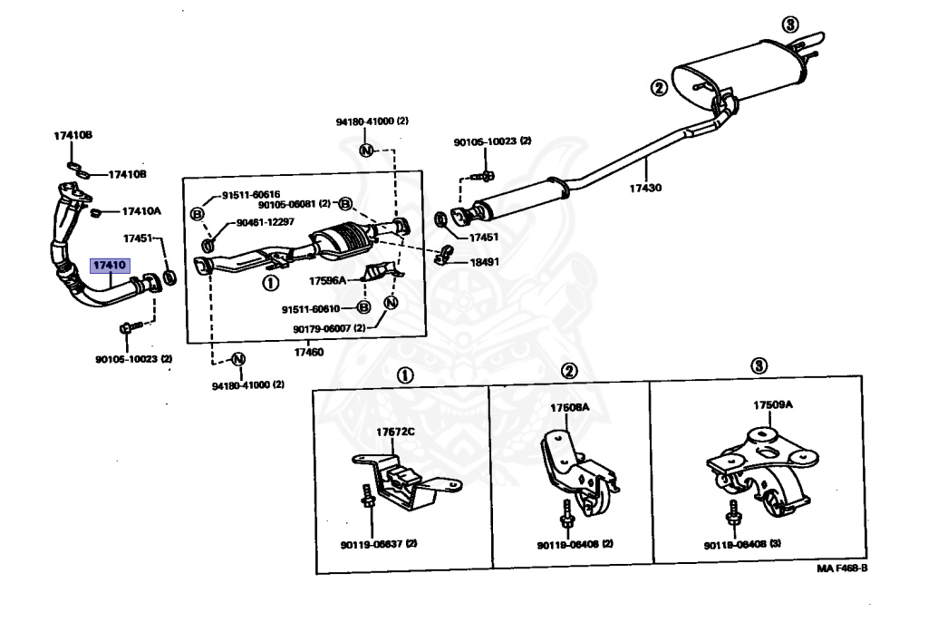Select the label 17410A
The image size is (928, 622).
[141, 211]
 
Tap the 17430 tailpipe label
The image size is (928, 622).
[646, 189]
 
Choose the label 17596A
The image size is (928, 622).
[326, 280]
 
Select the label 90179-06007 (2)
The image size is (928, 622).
[328, 328]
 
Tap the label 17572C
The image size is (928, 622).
[396, 431]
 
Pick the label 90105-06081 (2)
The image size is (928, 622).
[292, 204]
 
